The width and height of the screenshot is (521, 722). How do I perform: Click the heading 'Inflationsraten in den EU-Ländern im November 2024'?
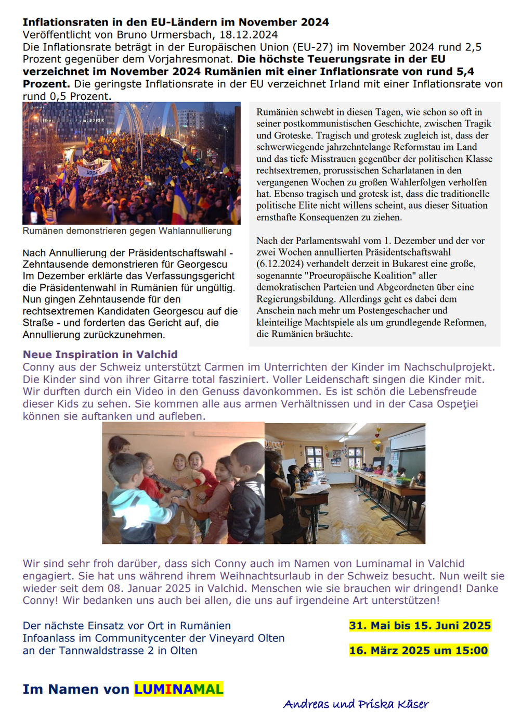click(175, 22)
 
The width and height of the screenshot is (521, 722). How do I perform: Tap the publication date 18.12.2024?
click(249, 35)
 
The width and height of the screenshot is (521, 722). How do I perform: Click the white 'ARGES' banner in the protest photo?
click(94, 171)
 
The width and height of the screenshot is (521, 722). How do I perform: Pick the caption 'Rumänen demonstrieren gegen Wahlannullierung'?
click(127, 231)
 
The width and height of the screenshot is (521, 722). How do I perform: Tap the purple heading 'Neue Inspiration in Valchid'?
click(100, 354)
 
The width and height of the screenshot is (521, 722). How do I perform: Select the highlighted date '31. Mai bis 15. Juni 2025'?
click(420, 626)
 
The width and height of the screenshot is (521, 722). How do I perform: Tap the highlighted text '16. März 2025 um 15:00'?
click(418, 651)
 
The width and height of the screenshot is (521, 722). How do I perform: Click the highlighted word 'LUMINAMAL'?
click(178, 689)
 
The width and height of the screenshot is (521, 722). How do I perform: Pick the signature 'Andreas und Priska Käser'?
click(356, 704)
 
